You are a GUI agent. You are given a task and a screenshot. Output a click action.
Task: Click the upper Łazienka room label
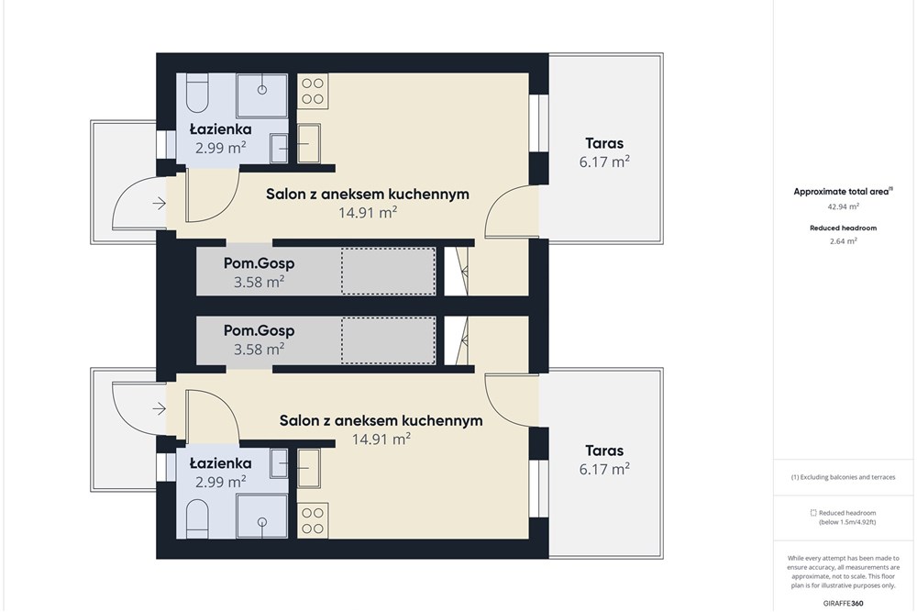[220, 129]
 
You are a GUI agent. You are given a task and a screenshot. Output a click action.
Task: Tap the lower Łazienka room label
[220, 463]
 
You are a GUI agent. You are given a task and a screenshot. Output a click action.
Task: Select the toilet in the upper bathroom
[197, 94]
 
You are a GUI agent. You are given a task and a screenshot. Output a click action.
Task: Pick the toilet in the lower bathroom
[197, 518]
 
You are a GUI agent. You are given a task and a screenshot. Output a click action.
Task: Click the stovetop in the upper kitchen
[313, 91]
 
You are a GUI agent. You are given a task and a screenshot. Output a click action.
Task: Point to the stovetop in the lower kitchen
[313, 521]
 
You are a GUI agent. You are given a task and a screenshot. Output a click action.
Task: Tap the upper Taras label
[604, 143]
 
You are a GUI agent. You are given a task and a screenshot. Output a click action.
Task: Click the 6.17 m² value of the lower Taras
[604, 469]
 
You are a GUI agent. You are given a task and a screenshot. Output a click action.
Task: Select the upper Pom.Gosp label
[259, 263]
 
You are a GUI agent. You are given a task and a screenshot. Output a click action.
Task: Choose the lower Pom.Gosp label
[259, 330]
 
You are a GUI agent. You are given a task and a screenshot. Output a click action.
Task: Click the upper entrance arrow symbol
[159, 204]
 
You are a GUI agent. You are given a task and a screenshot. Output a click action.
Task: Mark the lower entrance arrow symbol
[159, 408]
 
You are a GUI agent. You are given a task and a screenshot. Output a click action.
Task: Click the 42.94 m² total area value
[843, 206]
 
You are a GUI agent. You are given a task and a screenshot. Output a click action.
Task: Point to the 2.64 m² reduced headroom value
[843, 240]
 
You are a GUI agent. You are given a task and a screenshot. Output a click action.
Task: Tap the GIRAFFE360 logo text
[843, 603]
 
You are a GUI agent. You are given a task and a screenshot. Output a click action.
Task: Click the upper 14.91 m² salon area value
[368, 212]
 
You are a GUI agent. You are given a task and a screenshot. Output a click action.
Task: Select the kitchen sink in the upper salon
[308, 143]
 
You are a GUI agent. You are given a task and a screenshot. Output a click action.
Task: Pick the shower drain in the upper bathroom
[262, 90]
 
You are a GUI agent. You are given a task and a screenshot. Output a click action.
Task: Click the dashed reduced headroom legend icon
[812, 513]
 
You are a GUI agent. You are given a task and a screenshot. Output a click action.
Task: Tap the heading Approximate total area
[841, 192]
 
